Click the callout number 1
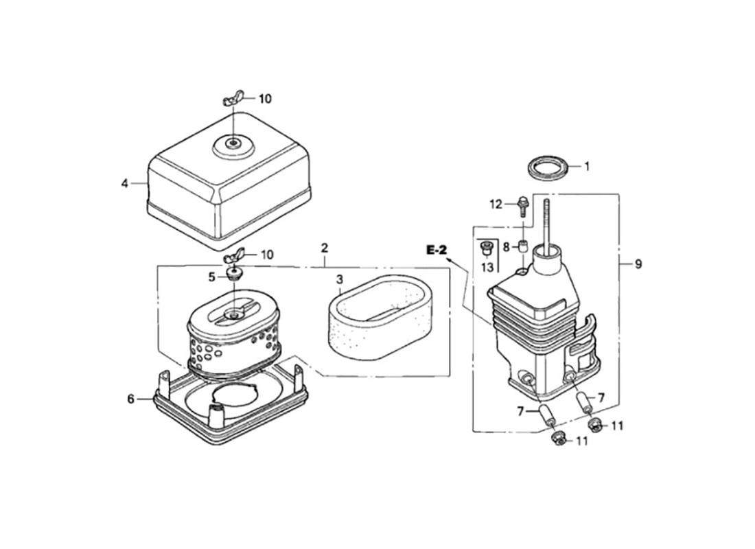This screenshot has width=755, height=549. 586,167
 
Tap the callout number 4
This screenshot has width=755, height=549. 125,183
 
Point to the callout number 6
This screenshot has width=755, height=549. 131,399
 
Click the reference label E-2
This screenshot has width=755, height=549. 437,250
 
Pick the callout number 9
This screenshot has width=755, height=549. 638,264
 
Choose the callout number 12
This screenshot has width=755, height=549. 496,205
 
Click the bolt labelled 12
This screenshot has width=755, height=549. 522,206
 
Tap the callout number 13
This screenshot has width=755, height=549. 487,266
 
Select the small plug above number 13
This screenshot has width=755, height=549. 486,248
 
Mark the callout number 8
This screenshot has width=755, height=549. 506,248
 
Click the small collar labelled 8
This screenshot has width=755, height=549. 522,246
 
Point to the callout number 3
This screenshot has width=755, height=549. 340,279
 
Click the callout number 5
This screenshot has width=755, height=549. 211,277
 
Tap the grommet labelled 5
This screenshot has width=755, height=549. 233,275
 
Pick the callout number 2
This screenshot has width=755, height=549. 325,248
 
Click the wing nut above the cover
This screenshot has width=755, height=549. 233,100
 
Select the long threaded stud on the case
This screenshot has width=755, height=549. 548,223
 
